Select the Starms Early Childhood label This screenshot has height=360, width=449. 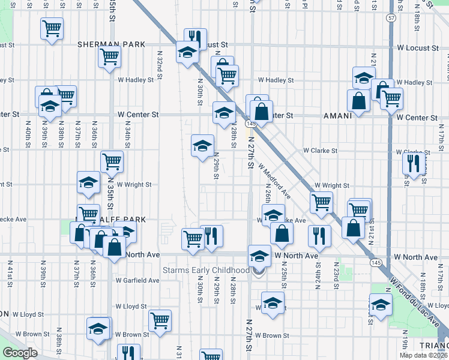(x=206, y=271)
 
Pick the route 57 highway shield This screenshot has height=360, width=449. (x=391, y=18)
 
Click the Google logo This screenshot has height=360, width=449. (x=20, y=353)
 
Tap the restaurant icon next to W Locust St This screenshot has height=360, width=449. (x=193, y=38)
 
